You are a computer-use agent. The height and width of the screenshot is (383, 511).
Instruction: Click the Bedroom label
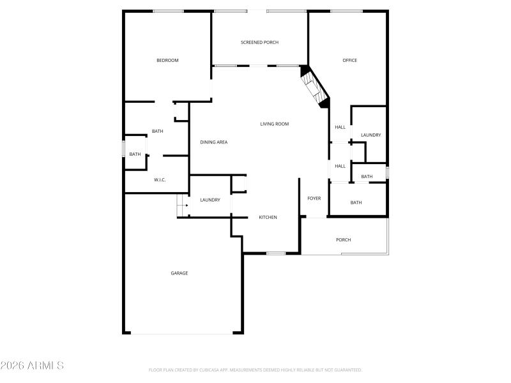pos(167,61)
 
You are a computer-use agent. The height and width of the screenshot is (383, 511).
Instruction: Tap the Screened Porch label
pos(259,43)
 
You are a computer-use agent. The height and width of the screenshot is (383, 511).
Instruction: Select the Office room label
pos(349,61)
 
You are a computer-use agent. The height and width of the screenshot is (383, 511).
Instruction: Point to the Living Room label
pos(274,124)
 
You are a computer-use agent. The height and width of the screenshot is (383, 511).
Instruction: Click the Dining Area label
pos(213,142)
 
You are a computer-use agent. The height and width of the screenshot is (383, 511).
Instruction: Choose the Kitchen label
pos(268,218)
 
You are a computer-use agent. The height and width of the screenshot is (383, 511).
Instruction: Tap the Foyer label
pos(314,199)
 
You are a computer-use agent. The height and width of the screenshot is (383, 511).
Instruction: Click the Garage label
pos(179,273)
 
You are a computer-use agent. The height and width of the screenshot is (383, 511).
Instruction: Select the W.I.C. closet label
pos(160,180)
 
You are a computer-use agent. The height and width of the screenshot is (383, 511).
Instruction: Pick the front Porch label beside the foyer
pos(343,240)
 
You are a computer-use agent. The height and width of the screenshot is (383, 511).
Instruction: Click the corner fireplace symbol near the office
pos(315,85)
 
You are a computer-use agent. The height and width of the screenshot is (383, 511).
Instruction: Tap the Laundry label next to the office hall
pos(370,135)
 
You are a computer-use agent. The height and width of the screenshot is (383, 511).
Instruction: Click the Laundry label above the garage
pos(210,200)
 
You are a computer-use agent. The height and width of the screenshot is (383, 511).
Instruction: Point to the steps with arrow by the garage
pos(183,206)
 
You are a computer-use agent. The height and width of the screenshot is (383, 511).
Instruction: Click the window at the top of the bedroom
pos(168,11)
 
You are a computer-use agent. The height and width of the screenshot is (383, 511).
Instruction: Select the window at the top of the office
pos(346,11)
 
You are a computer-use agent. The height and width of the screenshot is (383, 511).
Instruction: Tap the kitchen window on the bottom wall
pos(276,253)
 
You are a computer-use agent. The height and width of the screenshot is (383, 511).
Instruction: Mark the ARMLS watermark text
pos(32,366)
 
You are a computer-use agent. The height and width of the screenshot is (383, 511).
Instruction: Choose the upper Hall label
pos(340,127)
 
